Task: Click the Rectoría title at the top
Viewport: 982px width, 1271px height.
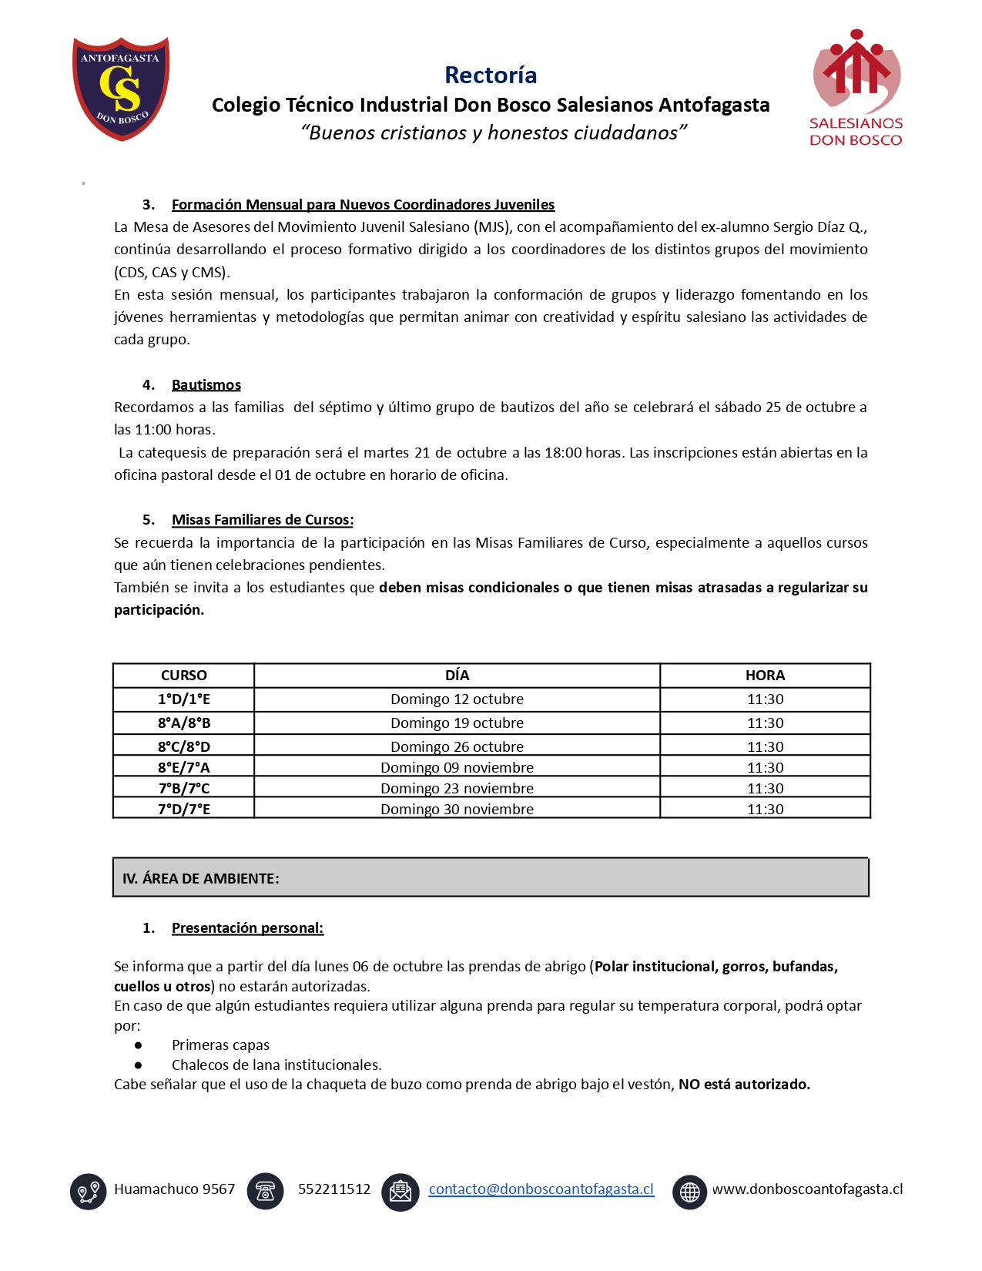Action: [x=491, y=75]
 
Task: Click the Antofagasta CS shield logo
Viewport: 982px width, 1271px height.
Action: [x=121, y=88]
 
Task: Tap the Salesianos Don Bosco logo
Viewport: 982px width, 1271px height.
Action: [x=856, y=88]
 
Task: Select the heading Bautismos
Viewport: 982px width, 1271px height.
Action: [x=206, y=384]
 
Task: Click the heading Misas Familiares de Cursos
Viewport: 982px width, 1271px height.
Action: [x=262, y=519]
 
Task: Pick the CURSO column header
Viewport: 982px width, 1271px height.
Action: [x=183, y=675]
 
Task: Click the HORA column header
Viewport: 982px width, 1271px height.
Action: [x=764, y=675]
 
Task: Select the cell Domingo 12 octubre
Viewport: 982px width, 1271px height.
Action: [x=457, y=699]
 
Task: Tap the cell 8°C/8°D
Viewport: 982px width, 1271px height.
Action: [x=183, y=746]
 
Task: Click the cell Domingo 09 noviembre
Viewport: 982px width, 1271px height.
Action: [x=457, y=767]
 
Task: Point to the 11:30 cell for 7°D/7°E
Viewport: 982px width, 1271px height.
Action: [x=764, y=809]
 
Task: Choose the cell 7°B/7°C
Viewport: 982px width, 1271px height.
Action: [x=183, y=788]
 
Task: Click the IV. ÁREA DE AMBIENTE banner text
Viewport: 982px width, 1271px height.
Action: [x=200, y=878]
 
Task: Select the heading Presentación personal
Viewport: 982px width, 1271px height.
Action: [x=247, y=927]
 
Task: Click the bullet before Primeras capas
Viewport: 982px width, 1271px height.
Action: [x=139, y=1045]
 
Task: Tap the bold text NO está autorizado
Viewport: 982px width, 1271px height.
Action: [x=743, y=1084]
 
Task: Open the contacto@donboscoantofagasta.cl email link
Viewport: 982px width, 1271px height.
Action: [x=541, y=1189]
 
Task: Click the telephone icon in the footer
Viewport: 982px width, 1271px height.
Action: [x=265, y=1191]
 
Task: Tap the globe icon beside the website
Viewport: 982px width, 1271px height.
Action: [x=689, y=1192]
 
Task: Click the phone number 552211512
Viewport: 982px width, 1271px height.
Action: [x=333, y=1189]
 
